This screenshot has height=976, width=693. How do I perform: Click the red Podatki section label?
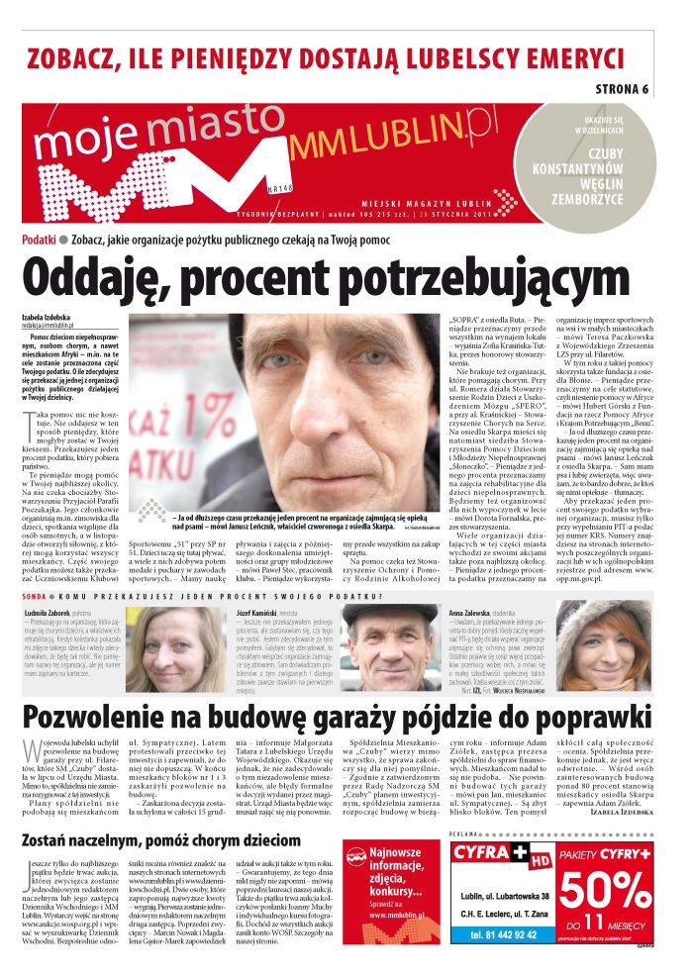pyautogui.click(x=38, y=240)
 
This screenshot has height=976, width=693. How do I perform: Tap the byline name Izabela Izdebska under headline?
pyautogui.click(x=49, y=317)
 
